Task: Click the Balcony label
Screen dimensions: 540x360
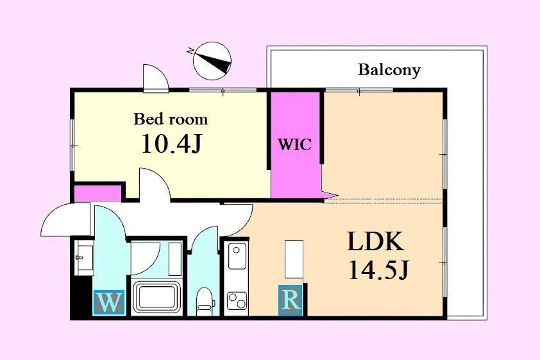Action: click(389, 70)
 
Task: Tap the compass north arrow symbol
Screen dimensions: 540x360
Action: click(212, 61)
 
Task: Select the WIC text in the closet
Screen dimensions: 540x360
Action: click(295, 144)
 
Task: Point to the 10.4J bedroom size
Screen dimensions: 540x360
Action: click(171, 143)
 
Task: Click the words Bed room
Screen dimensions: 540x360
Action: click(171, 119)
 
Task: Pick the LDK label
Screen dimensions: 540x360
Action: click(375, 242)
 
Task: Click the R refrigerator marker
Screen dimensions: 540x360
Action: click(291, 300)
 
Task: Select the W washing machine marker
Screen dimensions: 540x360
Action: click(109, 302)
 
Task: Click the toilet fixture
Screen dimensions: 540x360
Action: click(205, 302)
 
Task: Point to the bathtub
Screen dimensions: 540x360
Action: click(157, 298)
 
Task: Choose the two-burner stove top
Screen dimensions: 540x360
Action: click(237, 301)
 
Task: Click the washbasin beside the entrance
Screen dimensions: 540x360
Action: click(85, 257)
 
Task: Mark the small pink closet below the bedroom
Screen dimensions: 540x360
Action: click(98, 193)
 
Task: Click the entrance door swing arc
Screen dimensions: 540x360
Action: click(65, 219)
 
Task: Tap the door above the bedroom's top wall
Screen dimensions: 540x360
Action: click(156, 78)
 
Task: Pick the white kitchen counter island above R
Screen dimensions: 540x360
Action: click(294, 259)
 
